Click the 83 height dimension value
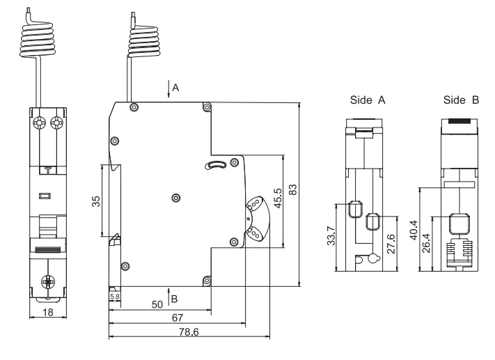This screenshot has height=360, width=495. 294,190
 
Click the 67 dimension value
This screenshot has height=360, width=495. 177,318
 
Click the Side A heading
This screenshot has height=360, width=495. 368,100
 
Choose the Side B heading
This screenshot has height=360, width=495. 461,100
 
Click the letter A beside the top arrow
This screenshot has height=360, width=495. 176,88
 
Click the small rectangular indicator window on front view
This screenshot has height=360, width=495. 45,197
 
